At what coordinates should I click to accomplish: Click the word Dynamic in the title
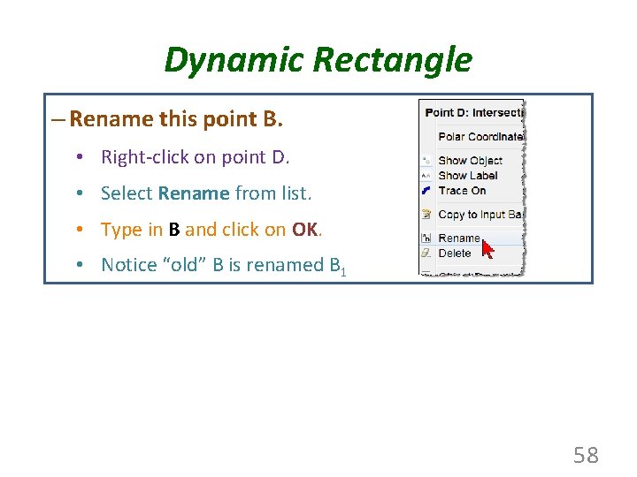(220, 61)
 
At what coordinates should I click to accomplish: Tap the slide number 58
(586, 455)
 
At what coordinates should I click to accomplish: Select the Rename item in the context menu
(458, 238)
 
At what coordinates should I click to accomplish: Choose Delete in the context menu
(455, 254)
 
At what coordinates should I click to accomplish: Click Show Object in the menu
(470, 161)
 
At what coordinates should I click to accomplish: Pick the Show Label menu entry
(468, 176)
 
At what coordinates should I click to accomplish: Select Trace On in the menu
(462, 190)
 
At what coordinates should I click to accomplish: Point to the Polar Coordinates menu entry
(480, 137)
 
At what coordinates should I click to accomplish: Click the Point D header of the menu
(473, 112)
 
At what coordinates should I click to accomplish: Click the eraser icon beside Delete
(426, 254)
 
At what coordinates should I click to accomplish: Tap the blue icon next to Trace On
(426, 190)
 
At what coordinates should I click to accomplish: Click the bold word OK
(304, 230)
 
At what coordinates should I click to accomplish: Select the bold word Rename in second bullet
(194, 193)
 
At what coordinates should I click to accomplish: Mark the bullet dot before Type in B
(80, 230)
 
